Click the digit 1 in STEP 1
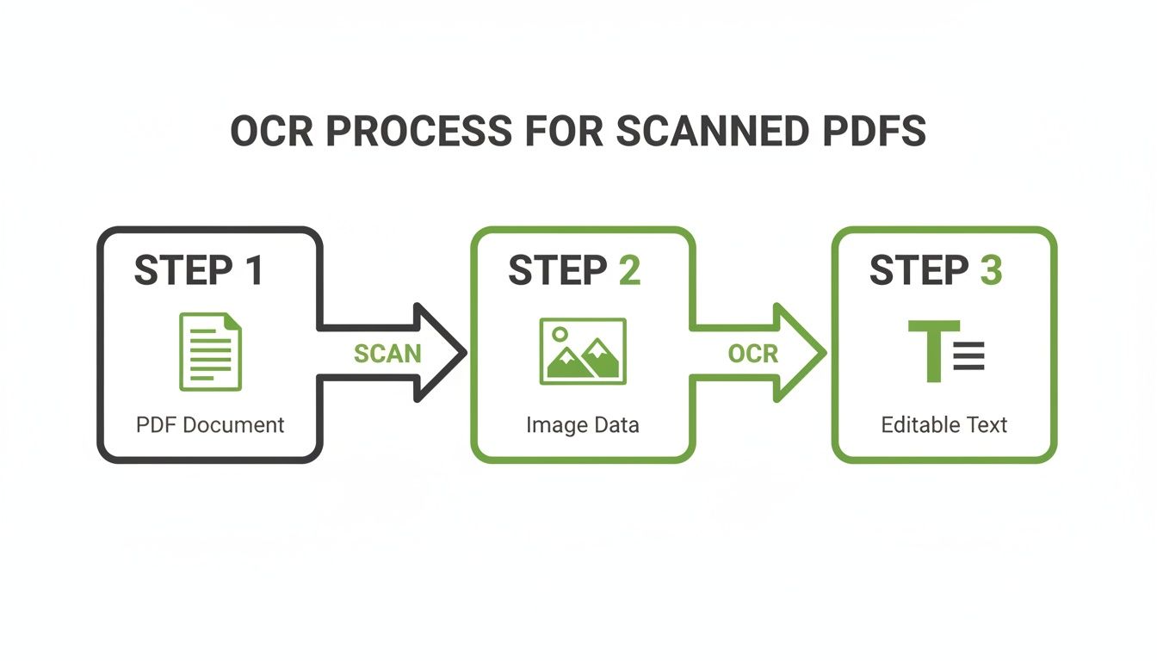(252, 270)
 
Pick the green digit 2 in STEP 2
(628, 270)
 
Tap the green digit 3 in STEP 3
(990, 270)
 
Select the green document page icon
(210, 351)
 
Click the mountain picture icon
(583, 351)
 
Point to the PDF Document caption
(210, 425)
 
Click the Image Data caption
(583, 425)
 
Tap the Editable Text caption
(944, 425)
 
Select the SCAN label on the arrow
(387, 354)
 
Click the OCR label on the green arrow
(752, 354)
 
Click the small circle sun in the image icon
(560, 332)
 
